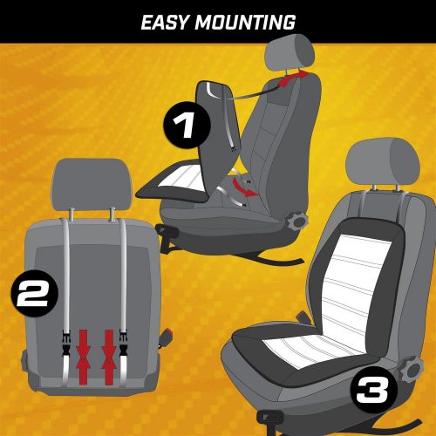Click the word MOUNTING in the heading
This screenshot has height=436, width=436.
click(x=245, y=23)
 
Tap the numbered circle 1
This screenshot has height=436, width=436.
click(x=187, y=126)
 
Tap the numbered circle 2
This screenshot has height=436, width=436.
click(x=35, y=293)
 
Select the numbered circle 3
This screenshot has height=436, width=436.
click(x=373, y=390)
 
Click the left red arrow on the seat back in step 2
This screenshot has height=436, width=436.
click(x=84, y=358)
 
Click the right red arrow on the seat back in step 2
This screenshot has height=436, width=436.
click(x=109, y=358)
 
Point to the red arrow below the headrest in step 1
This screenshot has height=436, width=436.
click(x=293, y=78)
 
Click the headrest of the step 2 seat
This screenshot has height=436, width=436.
click(x=92, y=185)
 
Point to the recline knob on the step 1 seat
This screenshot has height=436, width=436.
click(x=296, y=221)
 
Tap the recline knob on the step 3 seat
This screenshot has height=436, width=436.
click(x=411, y=370)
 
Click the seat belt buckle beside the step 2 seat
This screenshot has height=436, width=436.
click(x=166, y=338)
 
